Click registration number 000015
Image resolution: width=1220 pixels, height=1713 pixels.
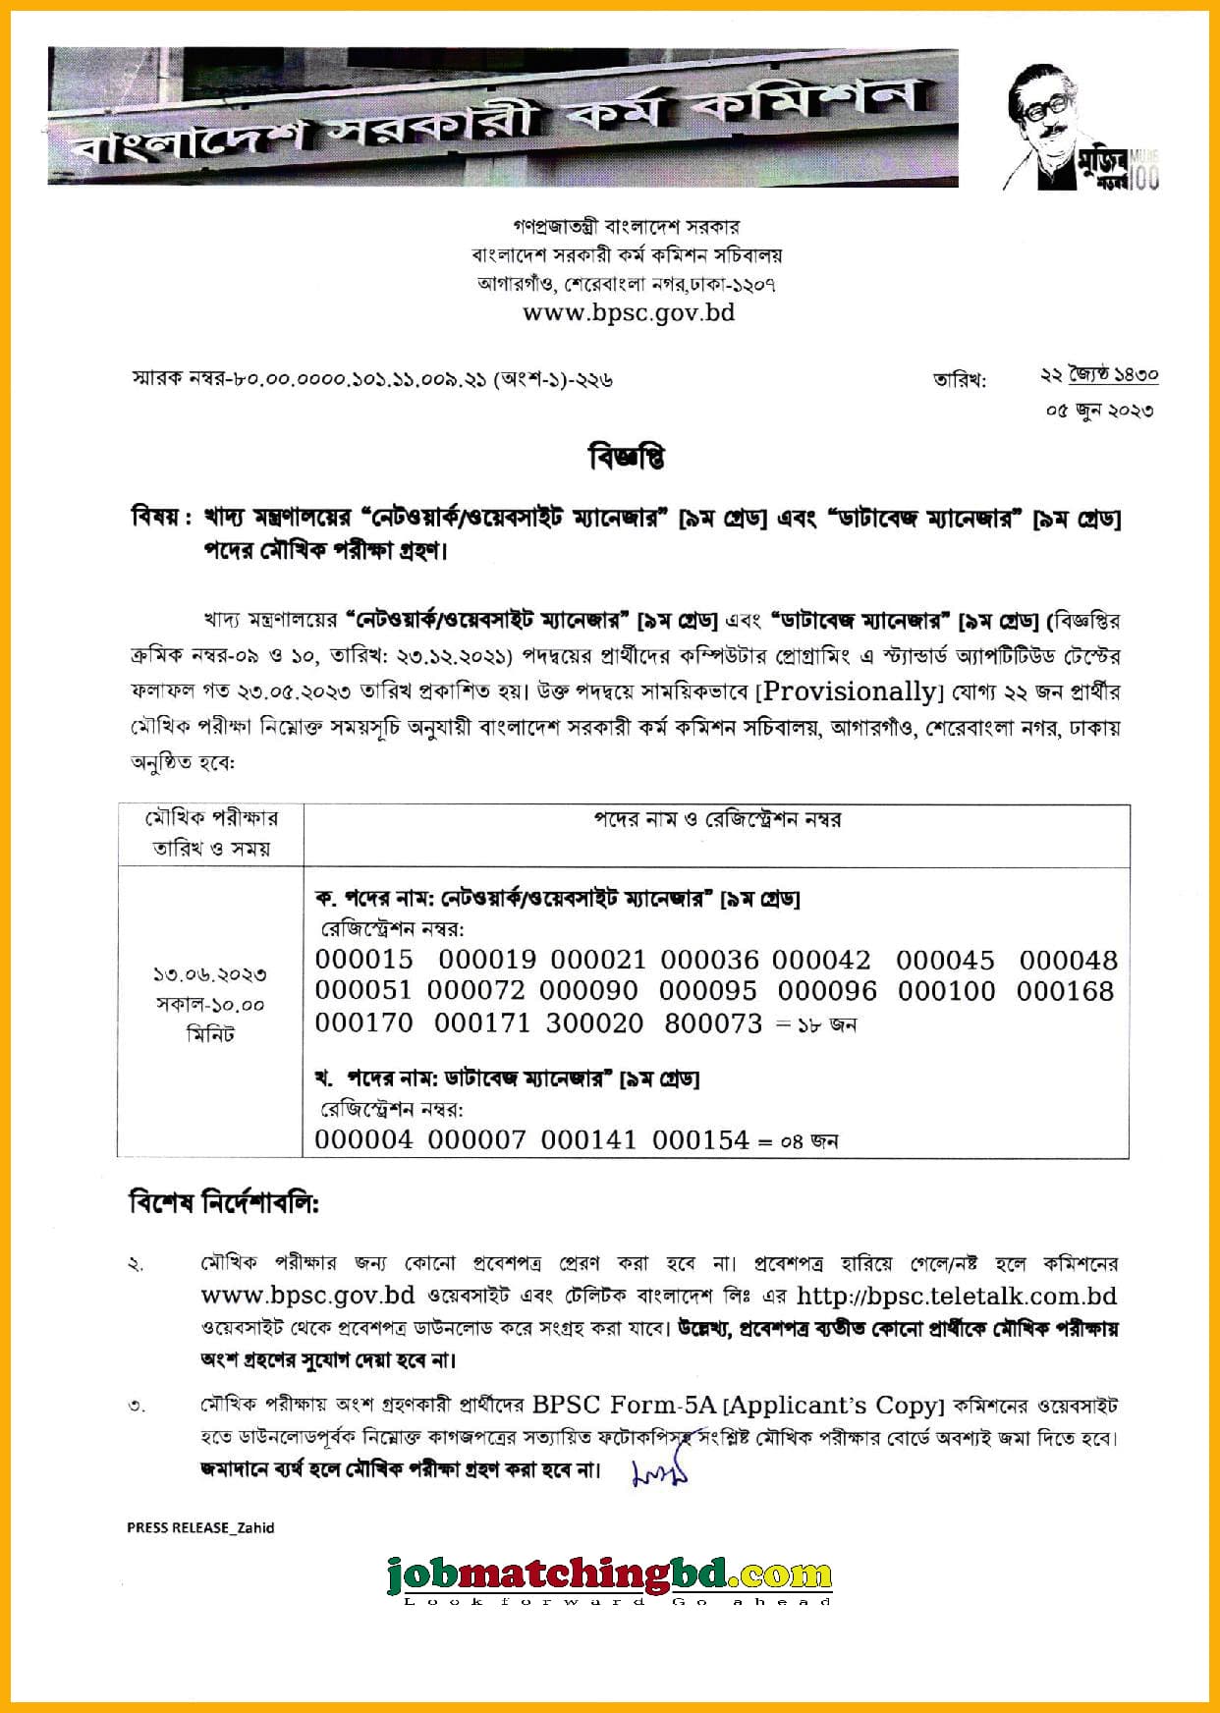(364, 960)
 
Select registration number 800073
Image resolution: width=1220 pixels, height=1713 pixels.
(713, 1023)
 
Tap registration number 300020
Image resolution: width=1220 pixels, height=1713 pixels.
(594, 1023)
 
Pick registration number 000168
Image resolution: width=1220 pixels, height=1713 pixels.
(1065, 991)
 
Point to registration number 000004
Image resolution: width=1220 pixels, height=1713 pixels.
(364, 1139)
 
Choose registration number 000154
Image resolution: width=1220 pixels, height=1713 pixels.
(700, 1139)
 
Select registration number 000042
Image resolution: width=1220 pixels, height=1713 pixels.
(821, 960)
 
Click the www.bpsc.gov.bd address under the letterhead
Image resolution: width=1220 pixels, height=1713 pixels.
(629, 313)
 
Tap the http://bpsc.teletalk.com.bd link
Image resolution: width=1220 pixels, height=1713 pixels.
(957, 1296)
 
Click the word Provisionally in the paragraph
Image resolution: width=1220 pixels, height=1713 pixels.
(850, 691)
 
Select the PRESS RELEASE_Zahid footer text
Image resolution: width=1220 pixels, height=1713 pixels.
(200, 1527)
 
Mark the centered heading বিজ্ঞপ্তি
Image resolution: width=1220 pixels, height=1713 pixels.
(627, 458)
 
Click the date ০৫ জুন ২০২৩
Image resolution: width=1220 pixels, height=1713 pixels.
(1099, 411)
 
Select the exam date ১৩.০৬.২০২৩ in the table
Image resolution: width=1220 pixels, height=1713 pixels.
(210, 974)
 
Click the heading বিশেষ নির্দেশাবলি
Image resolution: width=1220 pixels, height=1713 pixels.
(224, 1202)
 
